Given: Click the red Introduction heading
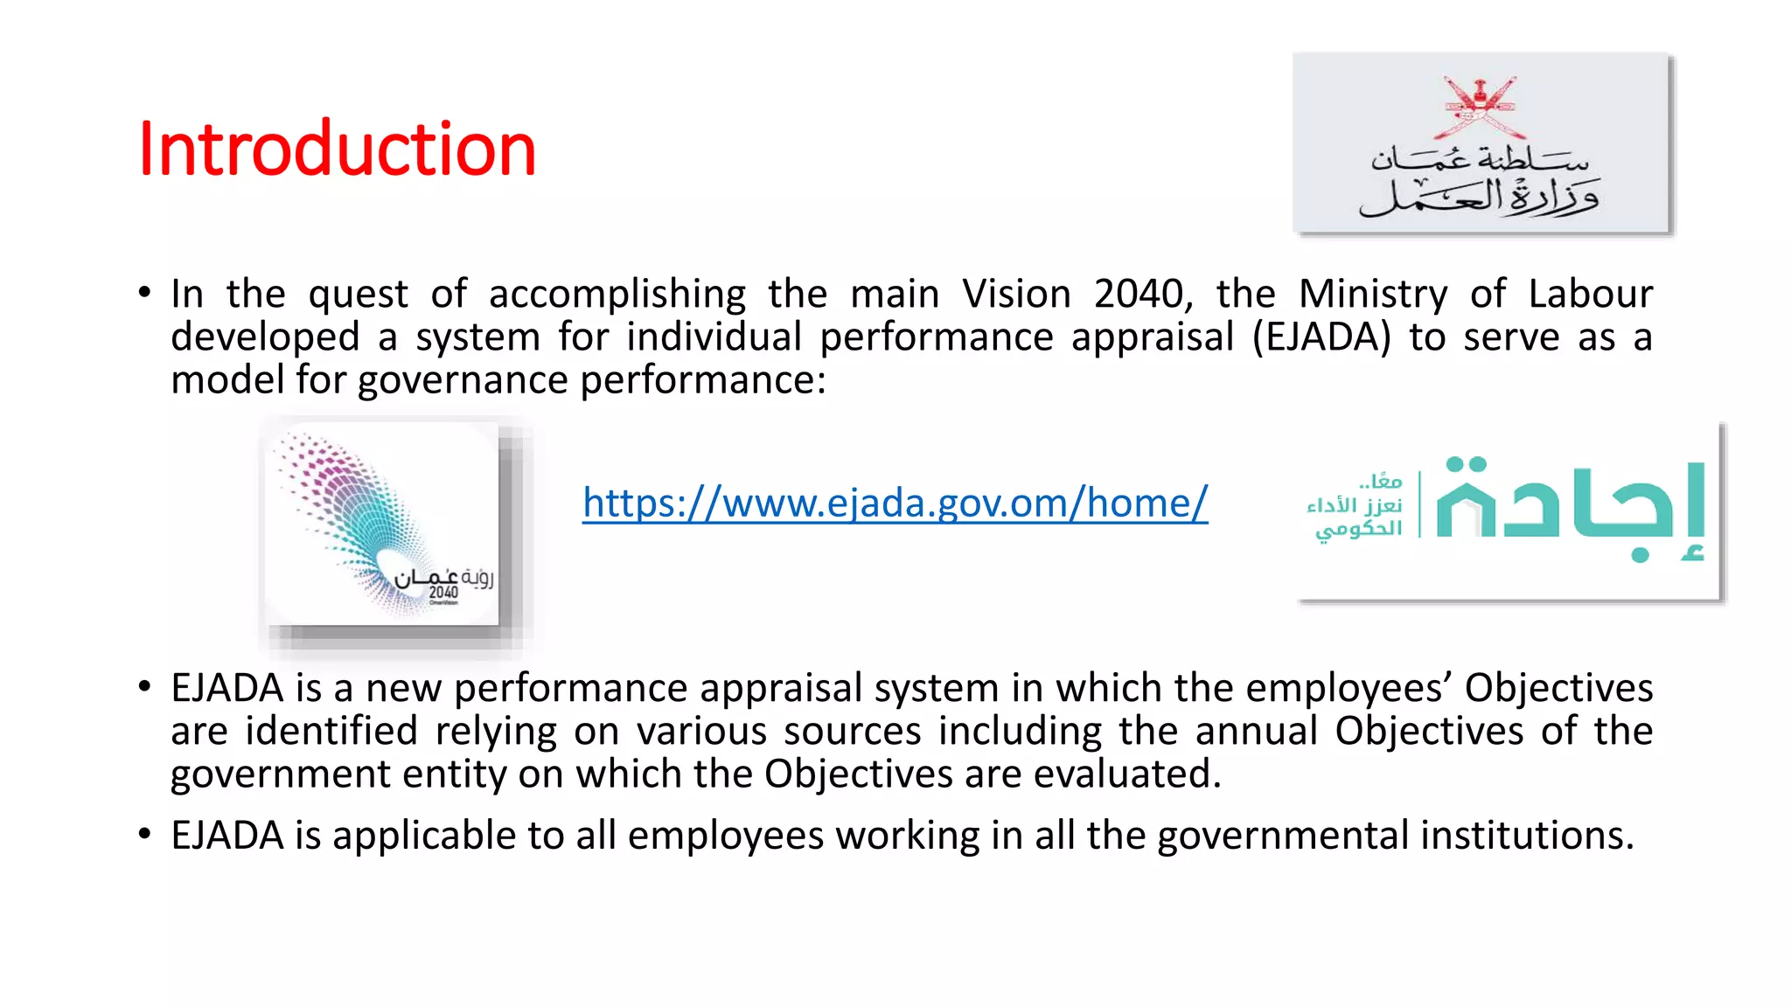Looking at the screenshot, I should [x=337, y=149].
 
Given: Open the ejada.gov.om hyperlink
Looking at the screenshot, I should [x=895, y=503].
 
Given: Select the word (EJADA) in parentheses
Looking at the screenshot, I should [x=1321, y=337].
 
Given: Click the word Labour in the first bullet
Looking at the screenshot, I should [x=1590, y=295].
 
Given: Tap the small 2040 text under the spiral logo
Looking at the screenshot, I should [x=443, y=593].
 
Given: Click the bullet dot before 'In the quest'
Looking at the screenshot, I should [x=144, y=293].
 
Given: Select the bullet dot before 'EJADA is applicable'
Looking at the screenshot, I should [x=144, y=834].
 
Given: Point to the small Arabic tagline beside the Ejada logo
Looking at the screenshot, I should [x=1355, y=507].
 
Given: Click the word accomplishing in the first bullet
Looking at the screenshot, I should [x=617, y=295].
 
